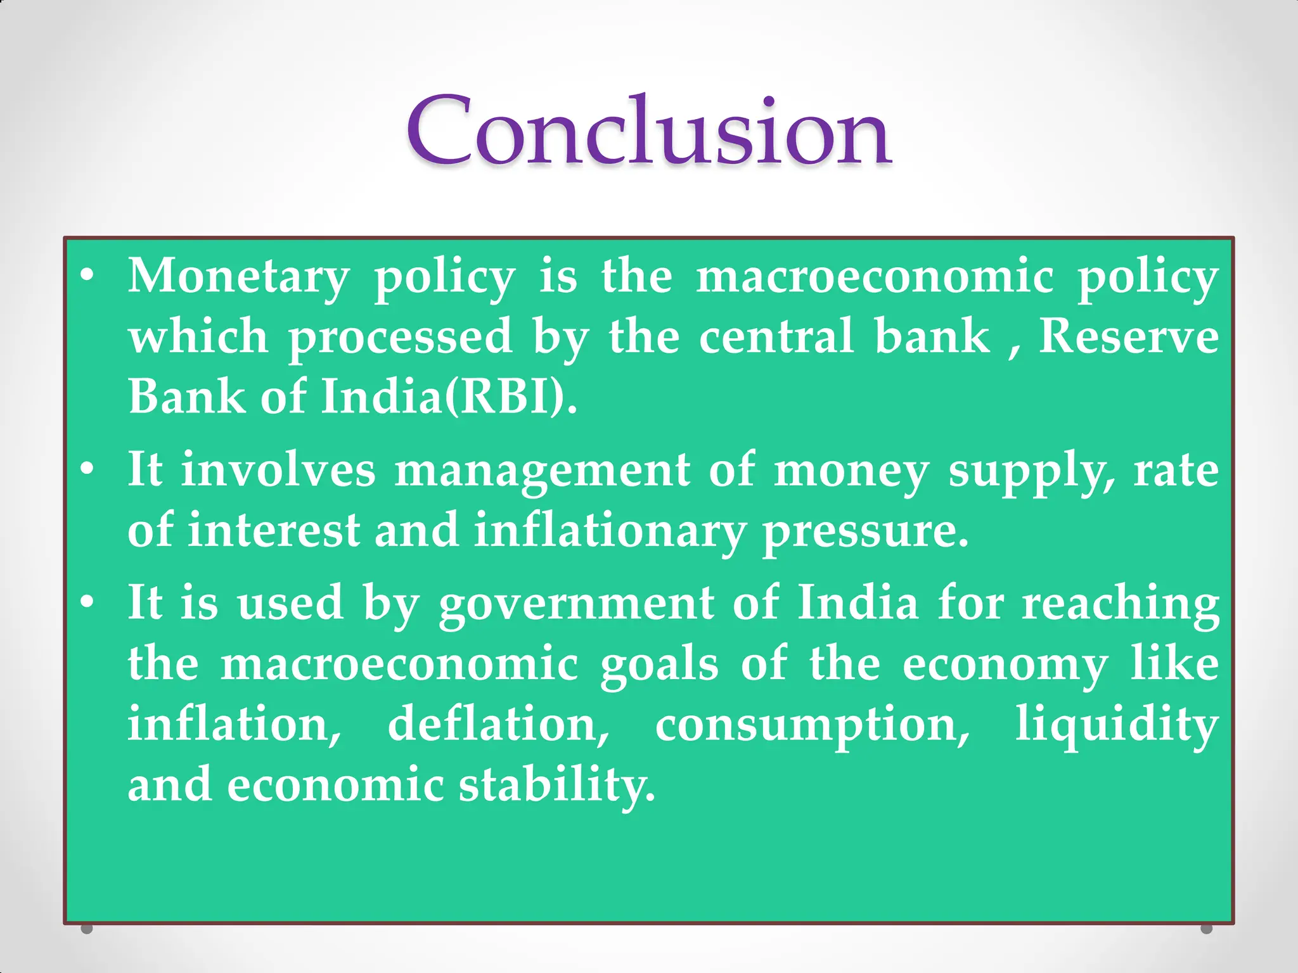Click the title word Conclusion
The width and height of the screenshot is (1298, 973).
[x=649, y=131]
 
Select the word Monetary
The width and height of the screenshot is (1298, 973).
[x=238, y=277]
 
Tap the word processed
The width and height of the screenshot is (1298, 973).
[x=401, y=338]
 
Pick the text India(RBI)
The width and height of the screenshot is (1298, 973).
[x=449, y=397]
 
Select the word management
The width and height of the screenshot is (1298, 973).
[x=543, y=472]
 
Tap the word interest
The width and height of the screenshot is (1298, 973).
[x=274, y=531]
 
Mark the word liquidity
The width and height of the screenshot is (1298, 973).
[x=1117, y=725]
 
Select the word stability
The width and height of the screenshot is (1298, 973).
[x=556, y=786]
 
